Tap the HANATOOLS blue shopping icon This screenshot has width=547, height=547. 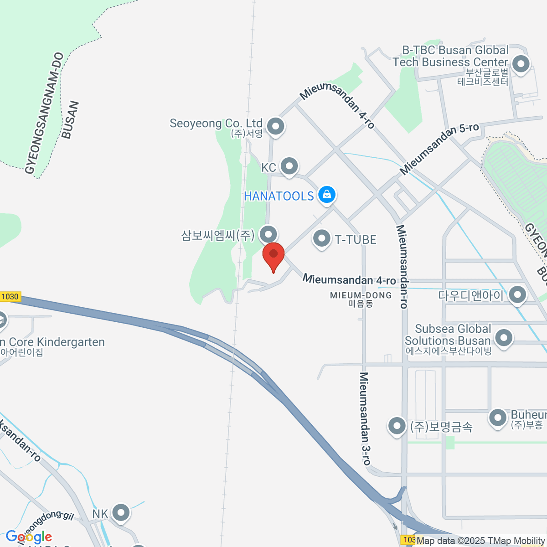pos(327,195)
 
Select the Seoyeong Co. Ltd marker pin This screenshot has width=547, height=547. pos(275,126)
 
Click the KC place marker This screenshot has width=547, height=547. pos(289,167)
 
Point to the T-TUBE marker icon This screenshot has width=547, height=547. pos(322,238)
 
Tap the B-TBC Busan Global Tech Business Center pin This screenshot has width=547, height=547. pos(521,64)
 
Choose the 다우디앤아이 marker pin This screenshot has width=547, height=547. pos(517,294)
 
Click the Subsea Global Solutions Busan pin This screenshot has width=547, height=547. pos(504,339)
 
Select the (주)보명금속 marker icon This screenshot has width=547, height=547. pos(397,426)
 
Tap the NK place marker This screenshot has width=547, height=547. pos(121,513)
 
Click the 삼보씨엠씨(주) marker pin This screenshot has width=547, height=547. pos(268,235)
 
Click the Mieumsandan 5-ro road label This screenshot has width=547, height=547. pos(440,148)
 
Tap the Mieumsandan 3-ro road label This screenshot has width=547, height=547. pos(365,418)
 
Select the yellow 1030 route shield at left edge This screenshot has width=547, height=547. pos(10,297)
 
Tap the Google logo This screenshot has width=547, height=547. pos(29,537)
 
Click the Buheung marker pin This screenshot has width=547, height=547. pos(497,418)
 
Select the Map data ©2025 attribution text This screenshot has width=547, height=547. pos(480,541)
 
